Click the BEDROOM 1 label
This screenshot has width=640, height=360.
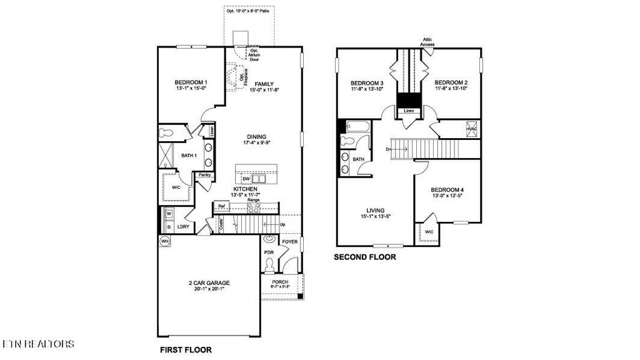(x=191, y=82)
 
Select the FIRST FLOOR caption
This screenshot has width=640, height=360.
(x=185, y=349)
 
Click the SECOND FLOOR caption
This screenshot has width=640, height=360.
(x=364, y=257)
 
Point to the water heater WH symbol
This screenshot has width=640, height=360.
(x=165, y=241)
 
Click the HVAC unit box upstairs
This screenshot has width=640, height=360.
(x=471, y=129)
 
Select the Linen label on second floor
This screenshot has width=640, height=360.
(x=409, y=111)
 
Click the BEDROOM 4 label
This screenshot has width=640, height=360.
(x=447, y=189)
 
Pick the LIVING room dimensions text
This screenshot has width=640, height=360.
(x=376, y=217)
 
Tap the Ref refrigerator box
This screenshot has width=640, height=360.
(x=221, y=205)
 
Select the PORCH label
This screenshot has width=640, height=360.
(x=280, y=282)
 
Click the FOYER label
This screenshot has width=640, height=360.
(x=290, y=241)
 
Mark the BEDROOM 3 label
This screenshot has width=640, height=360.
(x=366, y=83)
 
